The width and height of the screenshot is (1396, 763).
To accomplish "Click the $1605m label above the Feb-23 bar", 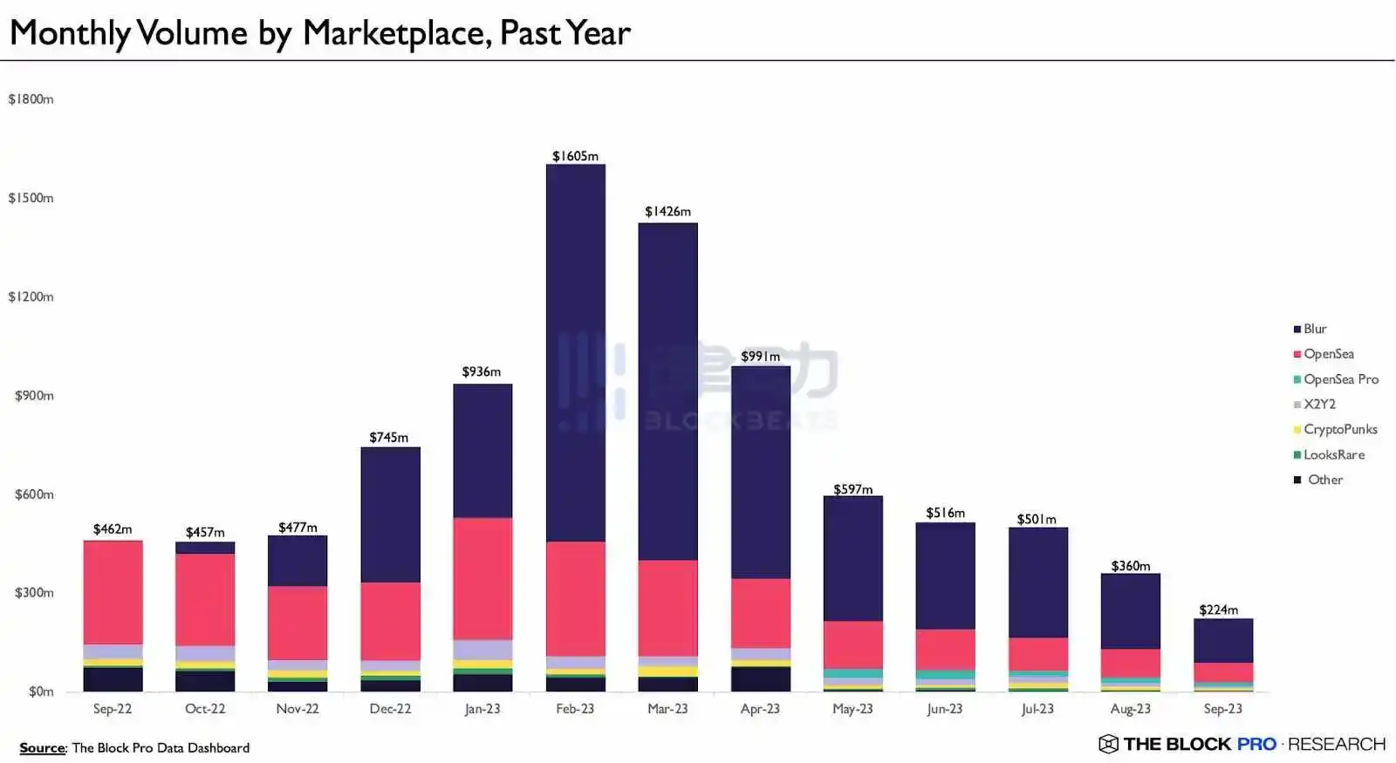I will point(575,156).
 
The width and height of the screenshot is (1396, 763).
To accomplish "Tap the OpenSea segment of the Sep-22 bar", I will point(113,593).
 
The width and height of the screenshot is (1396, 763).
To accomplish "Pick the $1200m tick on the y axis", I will point(31,296).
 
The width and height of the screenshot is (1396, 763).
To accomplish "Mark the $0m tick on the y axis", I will point(41,691).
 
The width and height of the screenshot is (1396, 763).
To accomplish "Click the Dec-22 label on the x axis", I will point(390,709).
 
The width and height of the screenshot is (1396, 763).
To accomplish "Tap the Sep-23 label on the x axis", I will point(1222,709).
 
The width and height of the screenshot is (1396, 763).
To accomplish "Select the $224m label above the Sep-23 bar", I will point(1218,610).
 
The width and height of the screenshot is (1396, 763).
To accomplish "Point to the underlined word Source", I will point(42,748).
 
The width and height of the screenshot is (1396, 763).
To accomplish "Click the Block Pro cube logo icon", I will point(1108,744).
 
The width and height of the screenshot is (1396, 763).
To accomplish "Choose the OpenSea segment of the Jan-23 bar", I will point(482,579).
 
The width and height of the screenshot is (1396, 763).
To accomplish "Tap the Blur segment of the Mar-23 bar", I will point(667,392).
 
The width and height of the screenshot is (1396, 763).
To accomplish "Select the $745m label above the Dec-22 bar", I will point(388,437).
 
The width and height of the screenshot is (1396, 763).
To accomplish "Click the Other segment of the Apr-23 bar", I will point(760,679).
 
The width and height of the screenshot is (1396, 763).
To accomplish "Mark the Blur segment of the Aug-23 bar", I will point(1130,611).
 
